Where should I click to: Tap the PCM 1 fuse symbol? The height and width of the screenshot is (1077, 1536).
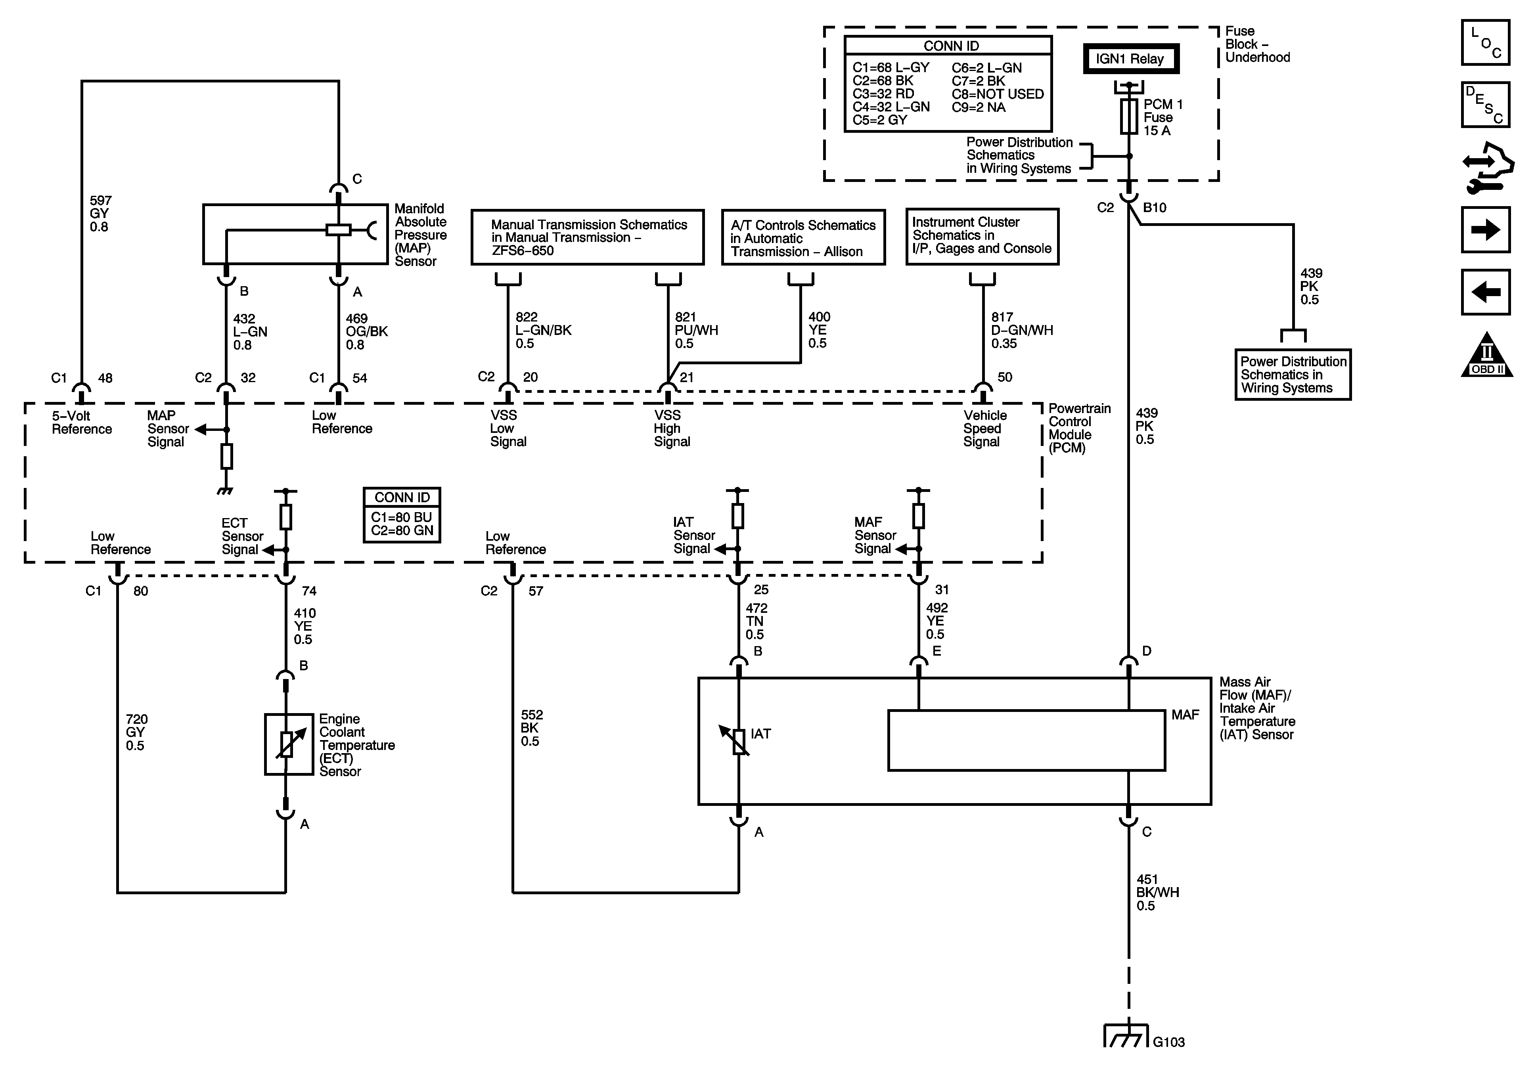coord(1129,117)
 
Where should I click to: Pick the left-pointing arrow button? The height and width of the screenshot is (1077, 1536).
coord(1486,292)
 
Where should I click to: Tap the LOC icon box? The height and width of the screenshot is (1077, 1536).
coord(1486,42)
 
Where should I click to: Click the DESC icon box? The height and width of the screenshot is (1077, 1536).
coord(1486,104)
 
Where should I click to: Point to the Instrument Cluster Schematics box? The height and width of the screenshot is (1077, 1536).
coord(982,236)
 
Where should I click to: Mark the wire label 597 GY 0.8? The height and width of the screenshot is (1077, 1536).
coord(100,213)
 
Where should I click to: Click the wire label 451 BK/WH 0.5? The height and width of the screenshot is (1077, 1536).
coord(1157,892)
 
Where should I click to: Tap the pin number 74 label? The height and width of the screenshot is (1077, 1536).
coord(309,591)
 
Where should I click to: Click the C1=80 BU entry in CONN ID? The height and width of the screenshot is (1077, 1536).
coord(401,517)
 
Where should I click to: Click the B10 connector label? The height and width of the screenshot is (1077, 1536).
coord(1155,207)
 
